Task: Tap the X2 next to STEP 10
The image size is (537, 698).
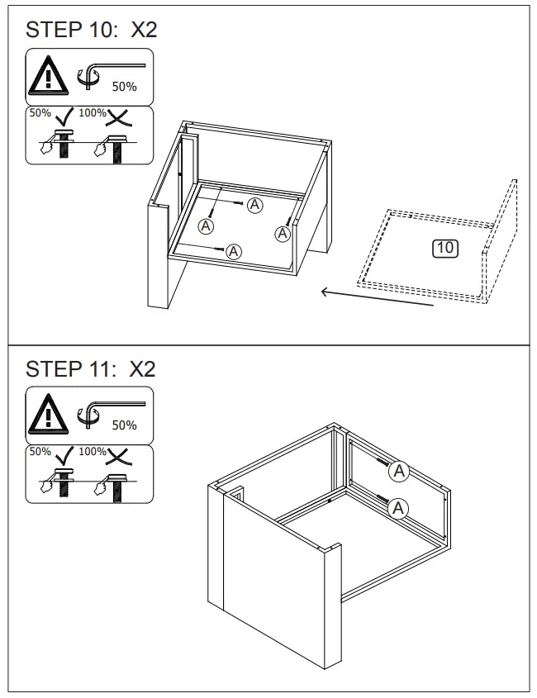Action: pyautogui.click(x=144, y=31)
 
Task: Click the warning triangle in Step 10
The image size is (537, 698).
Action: pyautogui.click(x=48, y=76)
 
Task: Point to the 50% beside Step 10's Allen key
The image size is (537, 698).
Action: pyautogui.click(x=124, y=87)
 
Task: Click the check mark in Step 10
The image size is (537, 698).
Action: pyautogui.click(x=64, y=116)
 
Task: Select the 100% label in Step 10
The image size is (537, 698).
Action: pyautogui.click(x=93, y=113)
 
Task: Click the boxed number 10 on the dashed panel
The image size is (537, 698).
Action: pyautogui.click(x=445, y=248)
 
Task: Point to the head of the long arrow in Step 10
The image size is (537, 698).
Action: pyautogui.click(x=322, y=292)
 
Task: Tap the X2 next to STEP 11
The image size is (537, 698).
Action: pyautogui.click(x=142, y=369)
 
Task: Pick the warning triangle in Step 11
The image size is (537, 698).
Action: pyautogui.click(x=48, y=415)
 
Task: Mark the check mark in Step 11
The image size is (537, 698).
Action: pyautogui.click(x=64, y=455)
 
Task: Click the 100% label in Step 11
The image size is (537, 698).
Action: pyautogui.click(x=93, y=452)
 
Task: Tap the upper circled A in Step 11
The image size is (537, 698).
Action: pyautogui.click(x=398, y=471)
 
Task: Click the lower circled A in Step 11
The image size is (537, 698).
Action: pyautogui.click(x=398, y=508)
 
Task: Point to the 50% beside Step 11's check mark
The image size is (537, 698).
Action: pyautogui.click(x=40, y=452)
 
